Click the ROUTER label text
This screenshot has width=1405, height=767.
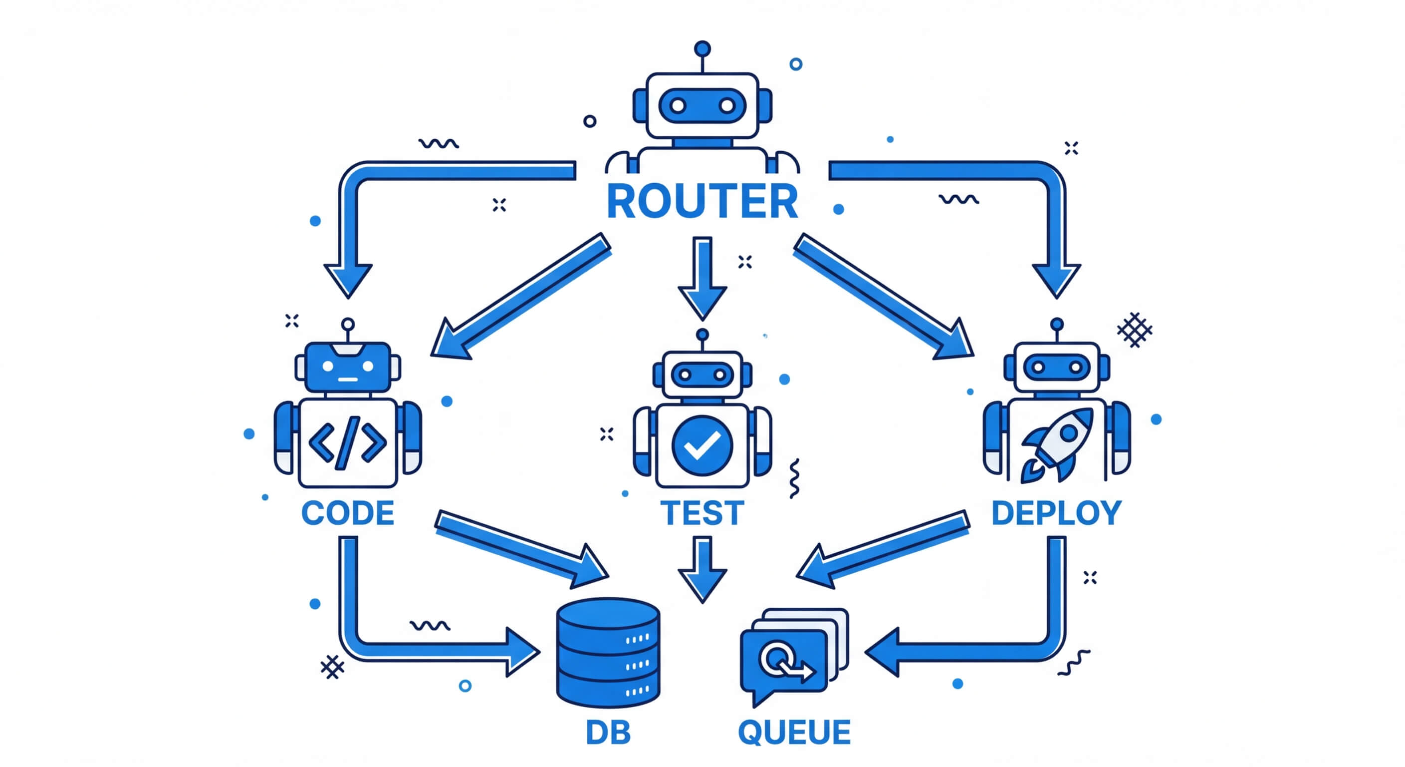click(x=702, y=201)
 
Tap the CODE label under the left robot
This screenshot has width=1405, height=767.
click(x=347, y=513)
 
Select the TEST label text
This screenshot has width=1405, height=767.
click(x=702, y=513)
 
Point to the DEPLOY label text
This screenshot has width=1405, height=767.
click(x=1056, y=513)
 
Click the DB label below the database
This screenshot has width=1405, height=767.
click(x=608, y=732)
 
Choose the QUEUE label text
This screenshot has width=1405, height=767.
click(x=794, y=732)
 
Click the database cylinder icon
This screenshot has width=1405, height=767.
click(x=608, y=652)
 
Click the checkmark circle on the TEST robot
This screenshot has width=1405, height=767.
click(x=702, y=445)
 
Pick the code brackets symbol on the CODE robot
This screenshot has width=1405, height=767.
click(x=347, y=442)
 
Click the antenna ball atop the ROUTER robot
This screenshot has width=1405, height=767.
click(x=702, y=48)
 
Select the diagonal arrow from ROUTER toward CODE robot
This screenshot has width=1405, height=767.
click(x=521, y=298)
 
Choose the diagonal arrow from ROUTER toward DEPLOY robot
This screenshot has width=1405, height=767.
click(x=884, y=298)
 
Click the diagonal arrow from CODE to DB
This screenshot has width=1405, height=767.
click(x=521, y=549)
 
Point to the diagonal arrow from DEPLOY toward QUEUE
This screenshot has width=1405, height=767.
click(x=884, y=549)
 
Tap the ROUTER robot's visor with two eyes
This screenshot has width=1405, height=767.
click(x=702, y=105)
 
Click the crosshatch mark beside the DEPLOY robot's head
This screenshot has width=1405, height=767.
click(x=1135, y=330)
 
